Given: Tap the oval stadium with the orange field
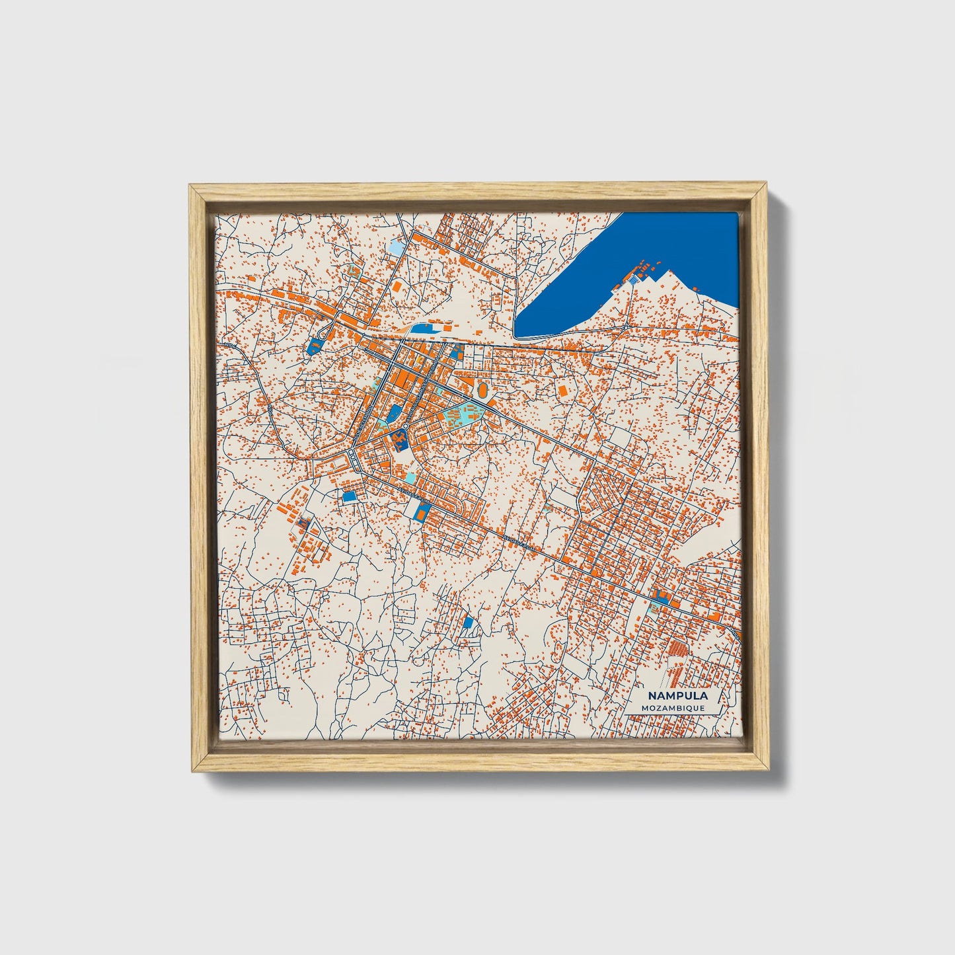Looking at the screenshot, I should point(484,392).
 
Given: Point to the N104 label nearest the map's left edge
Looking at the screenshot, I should point(229,345).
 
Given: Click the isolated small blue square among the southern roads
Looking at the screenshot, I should point(468,623).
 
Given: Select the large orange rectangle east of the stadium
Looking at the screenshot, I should point(563,391).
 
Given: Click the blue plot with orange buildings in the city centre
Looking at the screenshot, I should point(399,438).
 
